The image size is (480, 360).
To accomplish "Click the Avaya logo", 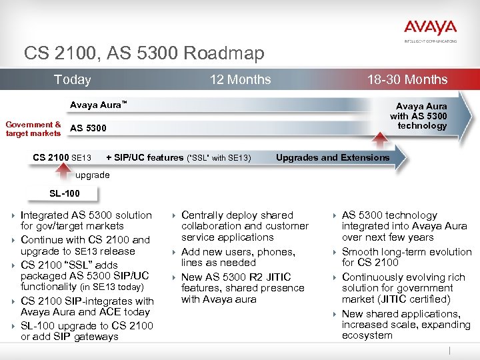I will point(430,29).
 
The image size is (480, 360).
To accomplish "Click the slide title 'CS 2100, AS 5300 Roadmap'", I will point(144,53).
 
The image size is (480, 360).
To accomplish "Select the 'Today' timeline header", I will point(72,80).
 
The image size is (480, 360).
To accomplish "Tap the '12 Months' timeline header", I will point(240,80).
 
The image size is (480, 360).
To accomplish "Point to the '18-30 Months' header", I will point(407,80).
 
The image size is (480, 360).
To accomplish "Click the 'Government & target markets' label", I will point(33,129).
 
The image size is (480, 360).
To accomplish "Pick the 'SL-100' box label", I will point(65,193).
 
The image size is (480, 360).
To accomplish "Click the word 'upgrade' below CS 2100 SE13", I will point(93,175).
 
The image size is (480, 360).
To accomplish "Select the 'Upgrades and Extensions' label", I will point(333,158).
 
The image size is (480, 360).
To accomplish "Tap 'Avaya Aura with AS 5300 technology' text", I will point(419,116).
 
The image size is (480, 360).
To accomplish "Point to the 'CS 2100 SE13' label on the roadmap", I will point(62,158).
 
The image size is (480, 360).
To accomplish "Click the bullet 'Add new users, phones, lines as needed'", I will point(238,257).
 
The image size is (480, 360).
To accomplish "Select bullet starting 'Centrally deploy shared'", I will point(245,226).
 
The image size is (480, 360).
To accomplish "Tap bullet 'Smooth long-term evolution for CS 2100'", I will point(406,257).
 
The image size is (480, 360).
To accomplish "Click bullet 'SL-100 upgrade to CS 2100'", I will point(87,331).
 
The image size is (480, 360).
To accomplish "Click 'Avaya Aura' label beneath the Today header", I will point(98,105).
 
